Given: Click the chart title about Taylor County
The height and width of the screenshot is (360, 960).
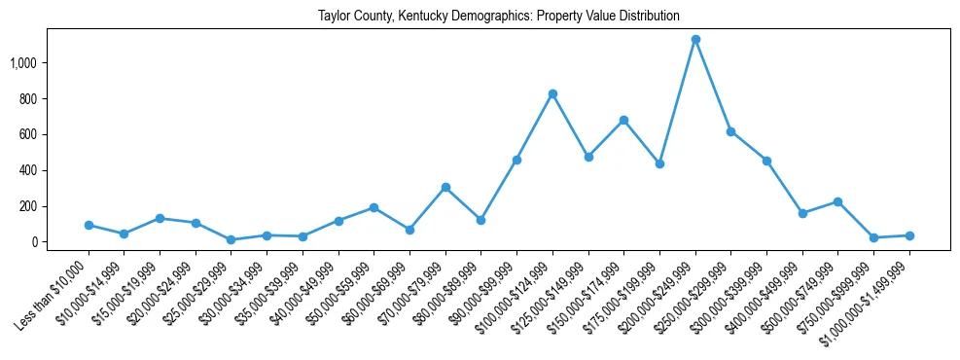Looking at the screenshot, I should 498,17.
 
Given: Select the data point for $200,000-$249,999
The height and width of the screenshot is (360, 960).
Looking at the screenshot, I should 695,40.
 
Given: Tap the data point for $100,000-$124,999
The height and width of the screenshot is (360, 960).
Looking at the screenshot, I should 552,93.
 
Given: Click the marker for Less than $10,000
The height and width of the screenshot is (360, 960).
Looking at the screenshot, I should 89,225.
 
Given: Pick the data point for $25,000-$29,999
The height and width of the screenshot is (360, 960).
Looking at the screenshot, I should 231,239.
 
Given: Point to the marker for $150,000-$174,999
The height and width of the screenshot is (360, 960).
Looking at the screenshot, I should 623,120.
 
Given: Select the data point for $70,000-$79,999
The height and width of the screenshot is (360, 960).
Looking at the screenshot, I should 445,187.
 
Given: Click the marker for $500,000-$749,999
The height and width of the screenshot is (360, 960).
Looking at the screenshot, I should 837,201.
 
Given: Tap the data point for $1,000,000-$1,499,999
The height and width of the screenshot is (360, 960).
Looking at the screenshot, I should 909,235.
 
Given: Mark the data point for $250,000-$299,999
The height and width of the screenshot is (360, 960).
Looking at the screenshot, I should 730,131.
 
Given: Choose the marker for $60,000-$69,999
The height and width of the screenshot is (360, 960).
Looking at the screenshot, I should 409,230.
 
